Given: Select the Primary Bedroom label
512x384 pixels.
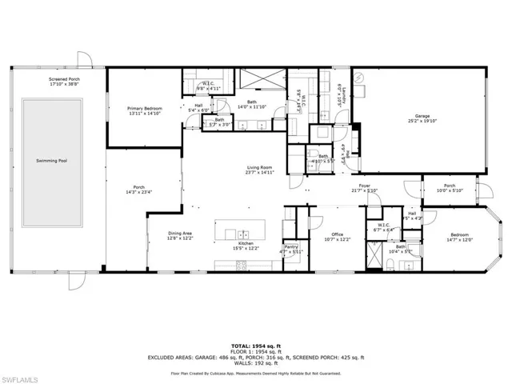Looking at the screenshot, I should (x=145, y=110).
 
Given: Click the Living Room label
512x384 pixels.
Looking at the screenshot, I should (x=260, y=169).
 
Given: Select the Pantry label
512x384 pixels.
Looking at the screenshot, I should (x=292, y=250).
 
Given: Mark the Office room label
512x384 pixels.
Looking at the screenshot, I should (x=338, y=237).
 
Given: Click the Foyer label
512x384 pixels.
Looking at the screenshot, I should (x=364, y=188).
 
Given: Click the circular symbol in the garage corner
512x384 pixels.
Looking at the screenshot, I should (x=361, y=76).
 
